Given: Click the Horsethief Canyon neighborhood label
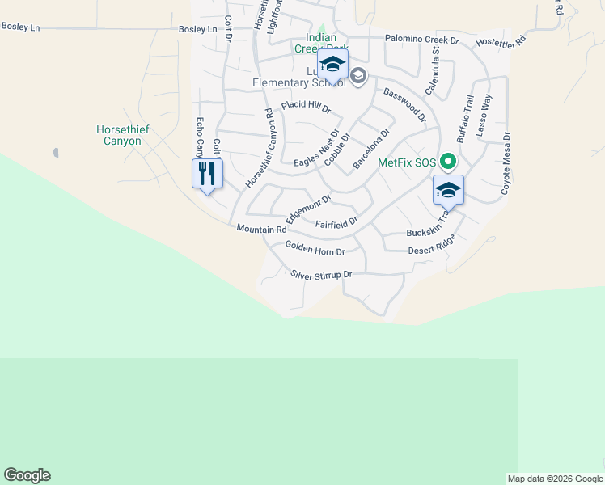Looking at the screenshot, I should click(118, 135).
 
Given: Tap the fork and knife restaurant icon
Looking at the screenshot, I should click(207, 173).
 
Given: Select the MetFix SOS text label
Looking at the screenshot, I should click(407, 162).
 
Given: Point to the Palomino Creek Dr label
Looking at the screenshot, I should click(421, 39).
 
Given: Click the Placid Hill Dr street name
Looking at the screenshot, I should click(307, 107).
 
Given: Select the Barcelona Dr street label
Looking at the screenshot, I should click(371, 149).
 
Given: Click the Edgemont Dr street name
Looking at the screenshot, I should click(308, 209).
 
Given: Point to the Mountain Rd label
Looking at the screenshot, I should click(261, 230).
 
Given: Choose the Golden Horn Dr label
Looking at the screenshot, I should click(315, 251).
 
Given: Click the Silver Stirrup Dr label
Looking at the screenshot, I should click(322, 275).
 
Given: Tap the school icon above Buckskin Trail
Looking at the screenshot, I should click(448, 191).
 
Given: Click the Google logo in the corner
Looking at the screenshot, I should click(27, 475).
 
